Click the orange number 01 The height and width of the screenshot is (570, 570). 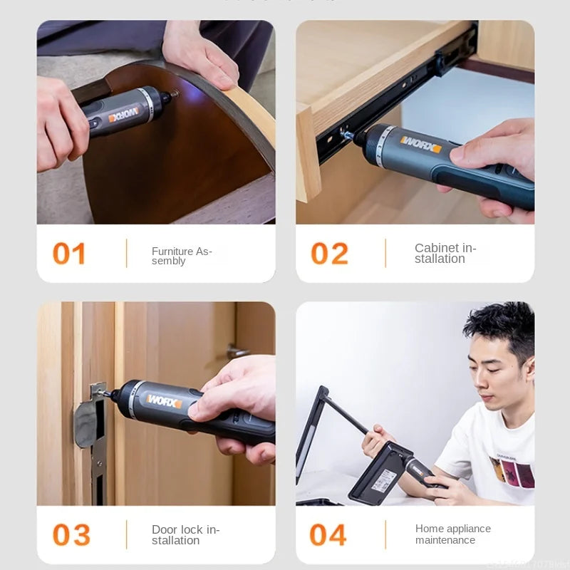(69, 254)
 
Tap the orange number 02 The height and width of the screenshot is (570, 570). (329, 254)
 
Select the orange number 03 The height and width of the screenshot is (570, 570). (71, 535)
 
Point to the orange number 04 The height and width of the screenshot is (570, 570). (328, 535)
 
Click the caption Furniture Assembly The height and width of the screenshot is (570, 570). (182, 256)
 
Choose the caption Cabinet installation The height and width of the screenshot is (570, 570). (445, 253)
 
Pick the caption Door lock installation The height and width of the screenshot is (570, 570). (185, 534)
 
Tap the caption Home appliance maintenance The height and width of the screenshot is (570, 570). (452, 534)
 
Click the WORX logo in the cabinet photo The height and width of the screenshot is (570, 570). (420, 145)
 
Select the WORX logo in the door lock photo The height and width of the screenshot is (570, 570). (164, 400)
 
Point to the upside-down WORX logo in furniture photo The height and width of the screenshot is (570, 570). (125, 114)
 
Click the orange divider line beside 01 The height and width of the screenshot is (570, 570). (126, 254)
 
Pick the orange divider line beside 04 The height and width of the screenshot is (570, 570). (385, 535)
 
